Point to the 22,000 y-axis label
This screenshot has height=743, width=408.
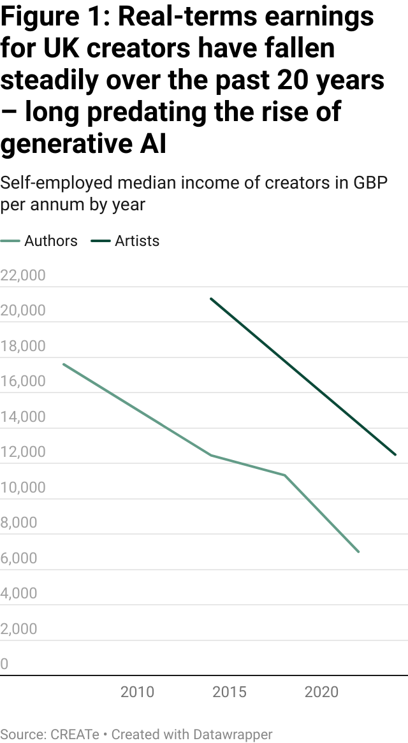[23, 276]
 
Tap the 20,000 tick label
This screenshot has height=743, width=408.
[23, 311]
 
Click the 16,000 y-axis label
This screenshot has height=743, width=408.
[23, 382]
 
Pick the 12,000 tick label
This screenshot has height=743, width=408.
[23, 452]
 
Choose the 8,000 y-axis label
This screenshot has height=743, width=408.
[19, 523]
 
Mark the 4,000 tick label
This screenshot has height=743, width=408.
[19, 594]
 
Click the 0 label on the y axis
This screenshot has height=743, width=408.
[4, 665]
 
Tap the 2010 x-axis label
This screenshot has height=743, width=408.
[137, 692]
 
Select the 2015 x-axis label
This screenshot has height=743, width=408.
[229, 692]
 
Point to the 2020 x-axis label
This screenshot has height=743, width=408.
[322, 692]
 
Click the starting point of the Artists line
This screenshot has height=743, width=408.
[211, 298]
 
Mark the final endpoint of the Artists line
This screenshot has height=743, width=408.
[396, 455]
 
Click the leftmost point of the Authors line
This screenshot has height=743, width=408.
[63, 364]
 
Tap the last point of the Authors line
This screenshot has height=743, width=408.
[359, 551]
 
